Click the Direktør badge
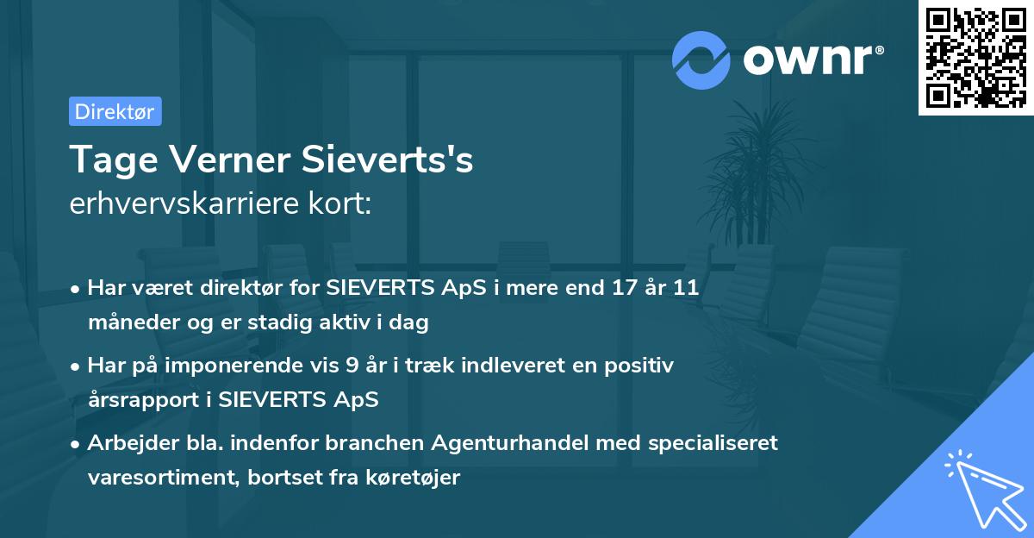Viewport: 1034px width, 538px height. click(x=115, y=111)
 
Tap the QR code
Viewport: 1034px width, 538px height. click(x=975, y=57)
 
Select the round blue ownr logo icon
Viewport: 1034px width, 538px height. click(x=701, y=59)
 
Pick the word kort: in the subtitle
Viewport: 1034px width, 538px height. click(x=340, y=204)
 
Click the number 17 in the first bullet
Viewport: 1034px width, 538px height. click(x=620, y=288)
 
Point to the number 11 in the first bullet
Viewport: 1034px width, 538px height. click(x=685, y=288)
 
